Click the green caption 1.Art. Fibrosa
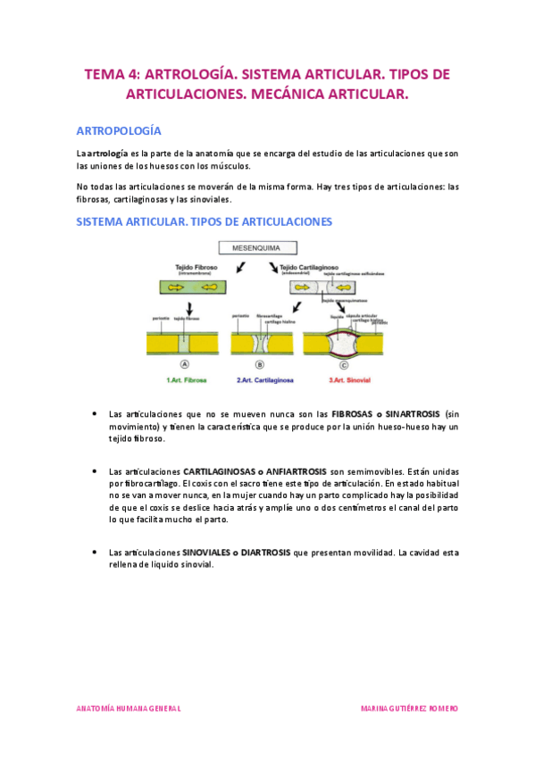point(186,380)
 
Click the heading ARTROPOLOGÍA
point(120,129)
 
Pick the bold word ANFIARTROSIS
point(282,470)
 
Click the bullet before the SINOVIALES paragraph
point(95,553)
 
